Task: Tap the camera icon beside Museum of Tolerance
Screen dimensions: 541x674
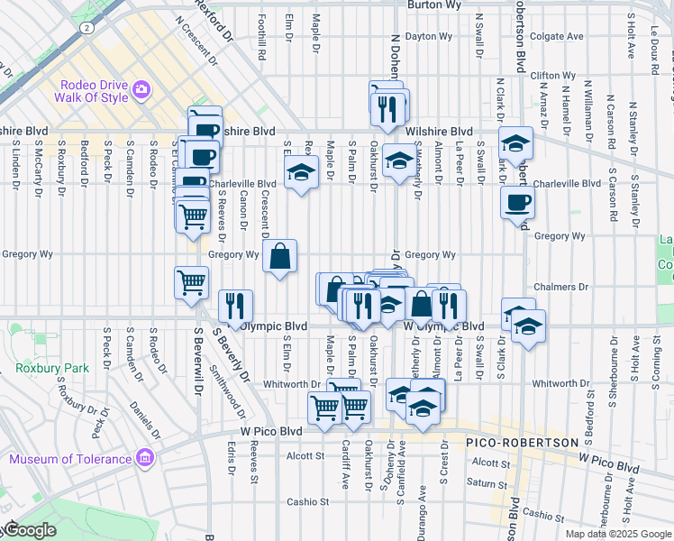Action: tap(144, 460)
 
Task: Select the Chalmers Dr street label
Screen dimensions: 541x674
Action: tap(563, 287)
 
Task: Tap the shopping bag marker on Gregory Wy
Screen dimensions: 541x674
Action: tap(279, 257)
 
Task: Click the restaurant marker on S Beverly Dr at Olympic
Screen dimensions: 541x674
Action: tap(234, 306)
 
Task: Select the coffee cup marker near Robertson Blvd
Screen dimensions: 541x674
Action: tap(517, 203)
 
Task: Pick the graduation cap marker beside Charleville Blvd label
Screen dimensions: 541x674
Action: tap(301, 172)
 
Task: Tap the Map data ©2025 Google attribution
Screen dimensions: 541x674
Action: tap(618, 534)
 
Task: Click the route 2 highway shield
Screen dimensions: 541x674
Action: tap(85, 28)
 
